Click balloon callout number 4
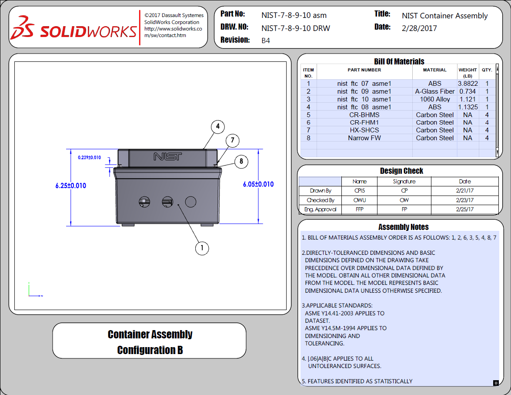coord(217,127)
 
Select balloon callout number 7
coord(233,140)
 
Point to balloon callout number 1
coord(202,248)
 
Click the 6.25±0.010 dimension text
coord(70,186)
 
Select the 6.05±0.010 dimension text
coord(258,184)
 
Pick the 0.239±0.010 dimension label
coord(90,157)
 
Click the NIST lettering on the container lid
coord(167,156)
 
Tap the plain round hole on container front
coord(190,201)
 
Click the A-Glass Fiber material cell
coord(434,91)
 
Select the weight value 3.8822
coord(468,84)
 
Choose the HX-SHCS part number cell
coord(364,130)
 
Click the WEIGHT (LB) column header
coord(468,72)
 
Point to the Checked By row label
coord(321,200)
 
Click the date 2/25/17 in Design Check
coord(464,209)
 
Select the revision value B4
coord(266,41)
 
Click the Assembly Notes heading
coord(403,227)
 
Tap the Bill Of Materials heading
coord(399,61)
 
